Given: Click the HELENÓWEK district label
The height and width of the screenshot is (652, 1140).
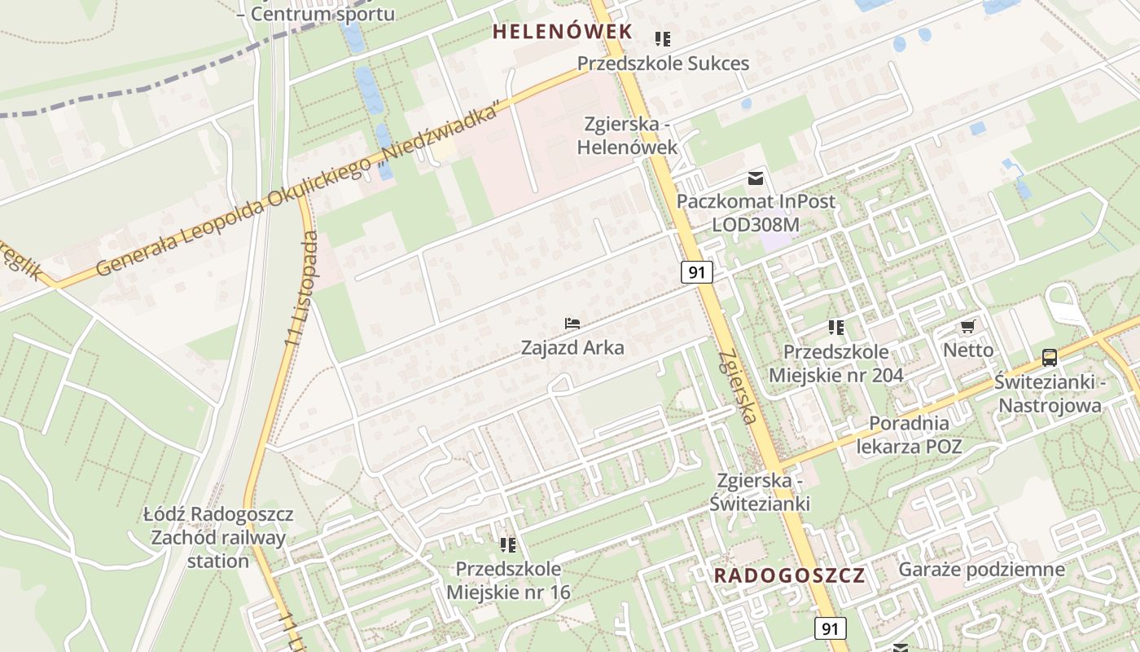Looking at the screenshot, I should click(562, 32).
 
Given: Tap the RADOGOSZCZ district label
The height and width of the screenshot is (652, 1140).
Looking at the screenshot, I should click(789, 575).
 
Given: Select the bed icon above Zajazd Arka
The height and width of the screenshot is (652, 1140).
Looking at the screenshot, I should click(572, 324).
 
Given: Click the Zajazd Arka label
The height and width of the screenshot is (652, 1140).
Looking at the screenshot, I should click(572, 348).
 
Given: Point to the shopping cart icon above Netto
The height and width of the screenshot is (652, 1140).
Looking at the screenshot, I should click(967, 327).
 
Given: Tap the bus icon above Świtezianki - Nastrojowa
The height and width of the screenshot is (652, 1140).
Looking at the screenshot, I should click(1050, 357).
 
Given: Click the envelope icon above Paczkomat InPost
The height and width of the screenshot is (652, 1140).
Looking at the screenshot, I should click(756, 178).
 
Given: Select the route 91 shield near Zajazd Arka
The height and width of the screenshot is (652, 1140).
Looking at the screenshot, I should click(697, 272).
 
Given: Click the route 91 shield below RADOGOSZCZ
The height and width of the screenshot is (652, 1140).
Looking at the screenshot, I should click(830, 628).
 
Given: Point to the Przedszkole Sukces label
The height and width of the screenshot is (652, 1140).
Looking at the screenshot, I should click(663, 63).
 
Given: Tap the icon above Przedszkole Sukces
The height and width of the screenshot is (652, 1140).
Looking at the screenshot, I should click(663, 38).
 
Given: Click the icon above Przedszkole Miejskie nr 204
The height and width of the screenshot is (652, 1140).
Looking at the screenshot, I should click(835, 328).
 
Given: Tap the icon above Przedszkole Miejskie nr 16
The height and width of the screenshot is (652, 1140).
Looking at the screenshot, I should click(508, 544).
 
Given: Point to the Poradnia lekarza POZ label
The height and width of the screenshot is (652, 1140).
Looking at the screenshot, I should click(909, 434).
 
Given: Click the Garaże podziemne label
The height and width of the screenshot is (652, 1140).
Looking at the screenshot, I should click(981, 570).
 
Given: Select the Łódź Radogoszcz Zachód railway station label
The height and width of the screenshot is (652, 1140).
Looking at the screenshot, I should click(218, 538).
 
